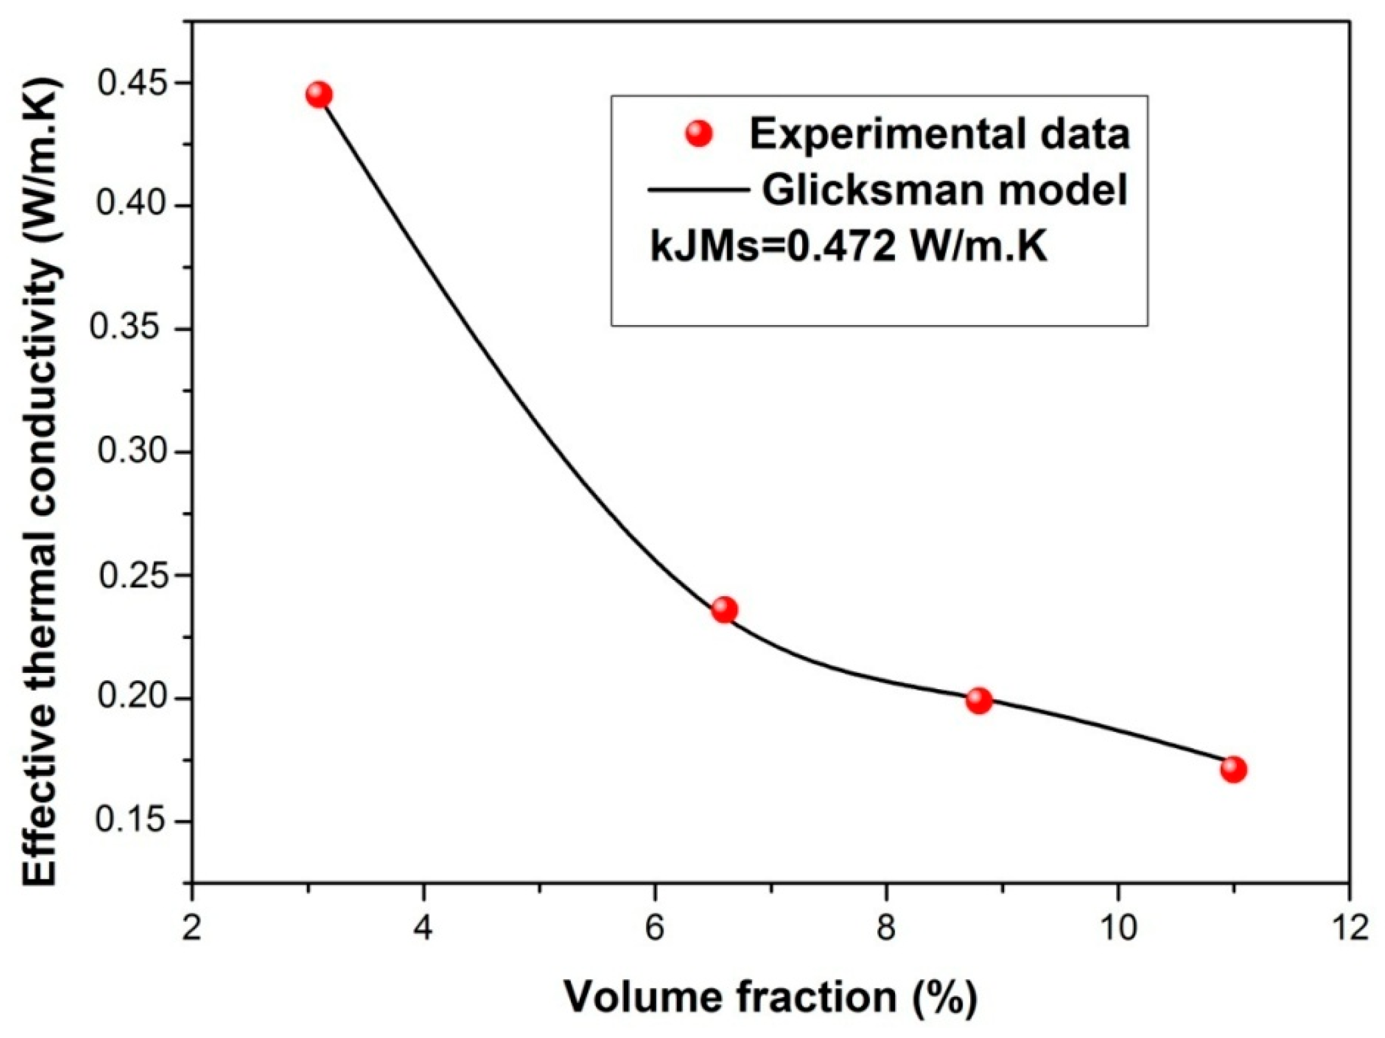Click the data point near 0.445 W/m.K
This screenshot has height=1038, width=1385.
319,95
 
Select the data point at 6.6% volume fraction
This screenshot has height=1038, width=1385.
724,609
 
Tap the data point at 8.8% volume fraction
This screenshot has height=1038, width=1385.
979,700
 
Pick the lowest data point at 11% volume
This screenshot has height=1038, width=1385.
1233,770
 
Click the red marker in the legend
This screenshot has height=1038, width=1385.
700,134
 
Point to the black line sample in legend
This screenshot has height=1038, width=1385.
697,189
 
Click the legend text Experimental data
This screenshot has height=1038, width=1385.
939,133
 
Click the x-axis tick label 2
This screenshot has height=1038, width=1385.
192,928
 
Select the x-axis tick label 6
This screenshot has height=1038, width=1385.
655,928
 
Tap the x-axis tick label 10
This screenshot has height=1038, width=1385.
1118,928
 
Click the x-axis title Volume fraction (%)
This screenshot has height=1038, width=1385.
771,997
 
